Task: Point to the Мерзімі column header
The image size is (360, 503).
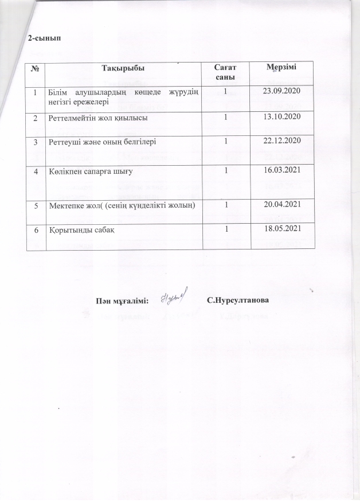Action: point(281,68)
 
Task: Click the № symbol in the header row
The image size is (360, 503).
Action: point(36,68)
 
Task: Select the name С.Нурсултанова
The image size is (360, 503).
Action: point(238,301)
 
